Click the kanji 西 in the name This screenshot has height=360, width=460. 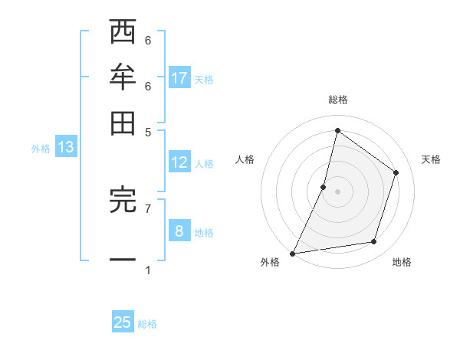[x=123, y=33]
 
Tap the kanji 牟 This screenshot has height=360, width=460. [x=123, y=77]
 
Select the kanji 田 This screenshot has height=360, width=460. [x=123, y=122]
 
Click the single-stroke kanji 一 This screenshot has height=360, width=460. [x=123, y=260]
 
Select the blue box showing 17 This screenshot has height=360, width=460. [x=179, y=77]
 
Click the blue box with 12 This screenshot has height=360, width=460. [x=179, y=162]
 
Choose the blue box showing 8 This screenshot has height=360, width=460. [x=179, y=231]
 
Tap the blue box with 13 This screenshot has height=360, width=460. [x=65, y=147]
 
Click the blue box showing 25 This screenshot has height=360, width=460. [x=123, y=322]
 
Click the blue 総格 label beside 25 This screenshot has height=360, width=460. [x=147, y=324]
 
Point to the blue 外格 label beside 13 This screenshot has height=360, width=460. [x=40, y=149]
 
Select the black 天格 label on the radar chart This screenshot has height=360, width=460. [x=431, y=159]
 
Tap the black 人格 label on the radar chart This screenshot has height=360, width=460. [x=245, y=159]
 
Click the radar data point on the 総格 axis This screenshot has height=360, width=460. [x=337, y=130]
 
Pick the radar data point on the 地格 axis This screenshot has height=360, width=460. [x=374, y=242]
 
